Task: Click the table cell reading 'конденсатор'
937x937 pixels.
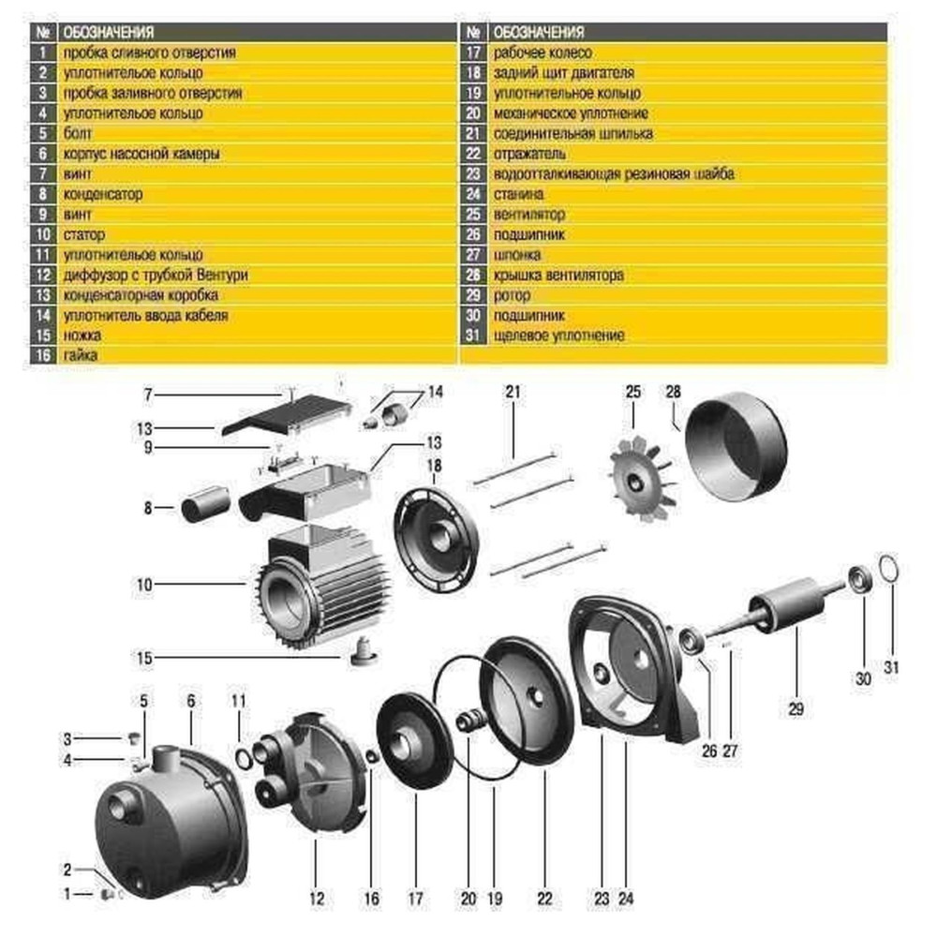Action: point(103,194)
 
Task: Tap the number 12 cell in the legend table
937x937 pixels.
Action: point(43,275)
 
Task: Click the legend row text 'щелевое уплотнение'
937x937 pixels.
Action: point(558,335)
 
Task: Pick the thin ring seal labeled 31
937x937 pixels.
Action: point(891,570)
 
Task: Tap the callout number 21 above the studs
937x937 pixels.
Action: point(512,392)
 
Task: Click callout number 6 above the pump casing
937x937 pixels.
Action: point(190,701)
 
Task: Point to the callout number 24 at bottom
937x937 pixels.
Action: point(626,899)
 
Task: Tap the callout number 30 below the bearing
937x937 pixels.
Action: point(863,677)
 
